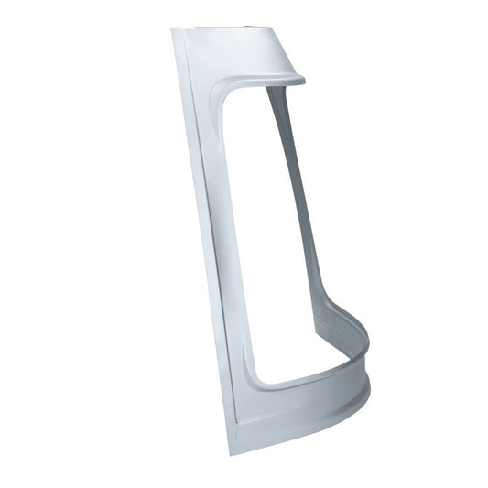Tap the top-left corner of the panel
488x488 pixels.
173,30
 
